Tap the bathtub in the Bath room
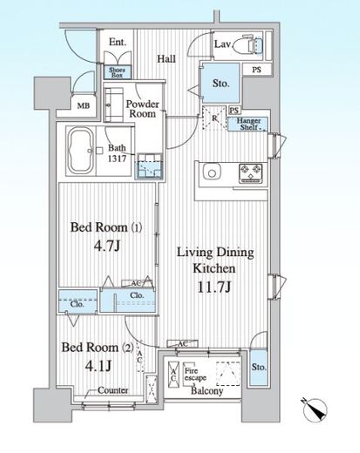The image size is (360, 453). point(80,151)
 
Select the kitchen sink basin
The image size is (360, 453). point(212,173)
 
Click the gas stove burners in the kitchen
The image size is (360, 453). point(250,173)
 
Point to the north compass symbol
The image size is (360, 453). point(316,409)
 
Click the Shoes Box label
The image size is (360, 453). point(117,72)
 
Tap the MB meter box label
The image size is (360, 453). point(84,106)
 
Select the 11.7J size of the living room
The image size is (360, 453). point(214,287)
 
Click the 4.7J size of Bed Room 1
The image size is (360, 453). point(106,247)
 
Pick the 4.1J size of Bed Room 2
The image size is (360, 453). point(98,366)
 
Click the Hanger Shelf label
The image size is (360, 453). point(248,124)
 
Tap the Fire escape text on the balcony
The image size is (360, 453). point(194,375)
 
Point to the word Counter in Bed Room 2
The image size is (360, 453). point(112,390)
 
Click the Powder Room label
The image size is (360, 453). point(142,109)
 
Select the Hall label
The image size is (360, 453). point(166,59)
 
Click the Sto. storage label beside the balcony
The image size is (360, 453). point(259,367)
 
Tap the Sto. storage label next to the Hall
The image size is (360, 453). point(221,84)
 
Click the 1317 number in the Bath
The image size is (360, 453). point(117,159)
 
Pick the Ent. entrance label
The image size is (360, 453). point(118,43)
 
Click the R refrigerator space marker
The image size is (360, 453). point(214,118)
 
